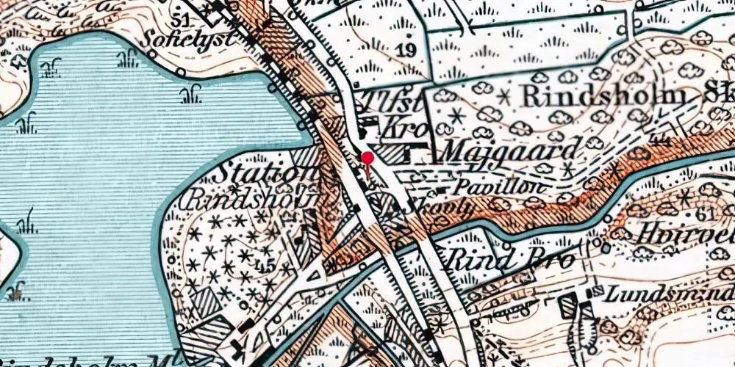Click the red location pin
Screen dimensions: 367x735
(x=367, y=159)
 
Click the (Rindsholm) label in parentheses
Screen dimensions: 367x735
(x=257, y=199)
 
